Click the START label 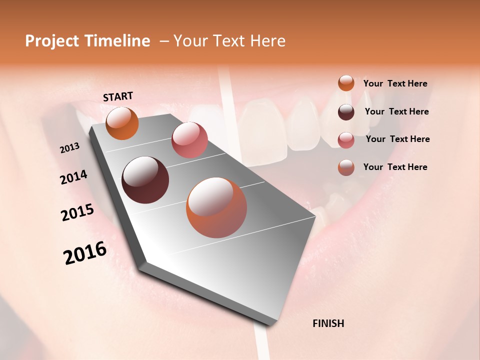(x=118, y=96)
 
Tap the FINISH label (x=328, y=323)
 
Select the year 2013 (x=70, y=148)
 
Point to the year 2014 (x=73, y=177)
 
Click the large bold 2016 (x=85, y=253)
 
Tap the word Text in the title (x=229, y=41)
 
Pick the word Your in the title (x=191, y=41)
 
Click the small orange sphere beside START (x=122, y=123)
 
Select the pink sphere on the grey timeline (x=189, y=140)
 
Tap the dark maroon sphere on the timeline (x=145, y=180)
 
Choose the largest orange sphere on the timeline (x=216, y=207)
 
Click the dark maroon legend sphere (x=346, y=112)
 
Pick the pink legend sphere (x=346, y=140)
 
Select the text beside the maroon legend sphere (x=396, y=111)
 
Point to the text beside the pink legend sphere (x=397, y=139)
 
